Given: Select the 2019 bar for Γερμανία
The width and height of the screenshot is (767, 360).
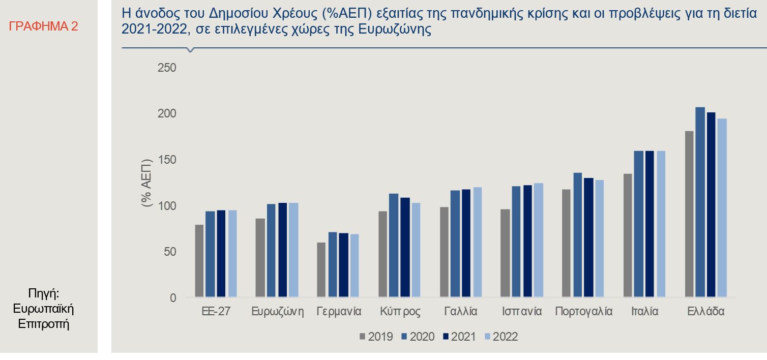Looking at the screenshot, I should pos(321,269).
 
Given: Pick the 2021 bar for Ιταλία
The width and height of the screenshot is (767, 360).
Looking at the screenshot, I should pos(650,224).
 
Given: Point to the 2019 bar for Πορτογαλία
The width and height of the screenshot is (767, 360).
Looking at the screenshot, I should pos(567,243).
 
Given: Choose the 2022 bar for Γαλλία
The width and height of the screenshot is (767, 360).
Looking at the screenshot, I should pos(477,242).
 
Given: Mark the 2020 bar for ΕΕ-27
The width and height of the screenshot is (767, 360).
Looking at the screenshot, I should pos(210,254).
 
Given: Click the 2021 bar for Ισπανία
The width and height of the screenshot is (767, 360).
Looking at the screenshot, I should pos(527,241).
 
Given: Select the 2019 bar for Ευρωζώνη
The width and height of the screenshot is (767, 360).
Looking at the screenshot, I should pos(260,258).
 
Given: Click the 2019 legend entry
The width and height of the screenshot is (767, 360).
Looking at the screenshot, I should pos(376,337).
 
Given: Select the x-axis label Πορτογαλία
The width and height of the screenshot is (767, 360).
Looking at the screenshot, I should pos(584,312).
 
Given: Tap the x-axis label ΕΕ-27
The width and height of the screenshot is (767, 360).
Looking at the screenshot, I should pos(216,312).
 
